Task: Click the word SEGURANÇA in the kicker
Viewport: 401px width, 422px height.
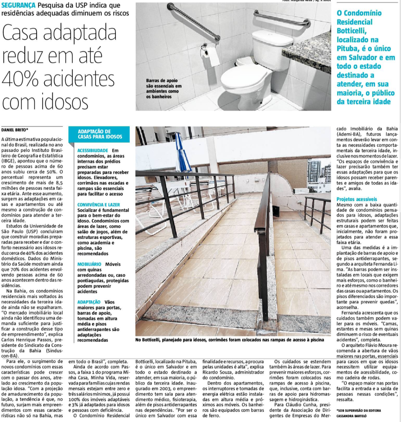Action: (18, 5)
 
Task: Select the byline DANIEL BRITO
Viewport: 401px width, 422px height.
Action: (15, 130)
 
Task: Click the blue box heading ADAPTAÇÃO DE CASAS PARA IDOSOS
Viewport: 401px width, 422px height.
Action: (100, 134)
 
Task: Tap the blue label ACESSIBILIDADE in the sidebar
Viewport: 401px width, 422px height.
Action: (92, 151)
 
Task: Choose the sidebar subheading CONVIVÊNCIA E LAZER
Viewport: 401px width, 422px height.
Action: (98, 205)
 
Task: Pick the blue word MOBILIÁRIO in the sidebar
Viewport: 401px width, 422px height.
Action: (89, 264)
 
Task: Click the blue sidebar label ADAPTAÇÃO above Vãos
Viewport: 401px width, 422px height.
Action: (89, 302)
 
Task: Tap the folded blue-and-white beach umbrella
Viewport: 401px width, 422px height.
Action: (179, 153)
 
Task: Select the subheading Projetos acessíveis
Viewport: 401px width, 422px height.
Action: (357, 199)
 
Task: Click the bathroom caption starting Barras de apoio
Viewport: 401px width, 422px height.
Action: (164, 88)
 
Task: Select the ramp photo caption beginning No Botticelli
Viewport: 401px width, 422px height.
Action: (229, 340)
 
